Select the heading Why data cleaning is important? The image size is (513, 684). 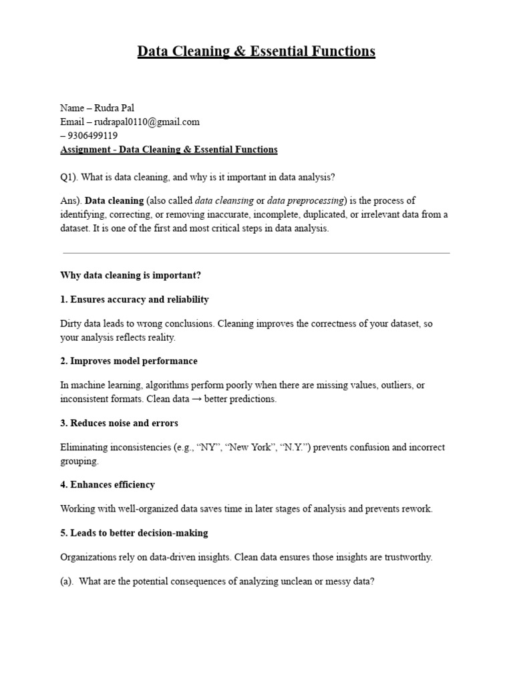click(130, 275)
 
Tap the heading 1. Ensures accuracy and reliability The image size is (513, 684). click(134, 299)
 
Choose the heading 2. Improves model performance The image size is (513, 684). click(129, 361)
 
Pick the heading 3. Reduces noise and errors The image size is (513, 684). click(119, 423)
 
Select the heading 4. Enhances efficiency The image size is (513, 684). click(108, 484)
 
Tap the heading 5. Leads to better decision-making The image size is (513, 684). click(134, 532)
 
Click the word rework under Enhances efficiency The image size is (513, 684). click(417, 508)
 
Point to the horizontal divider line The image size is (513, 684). click(256, 253)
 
